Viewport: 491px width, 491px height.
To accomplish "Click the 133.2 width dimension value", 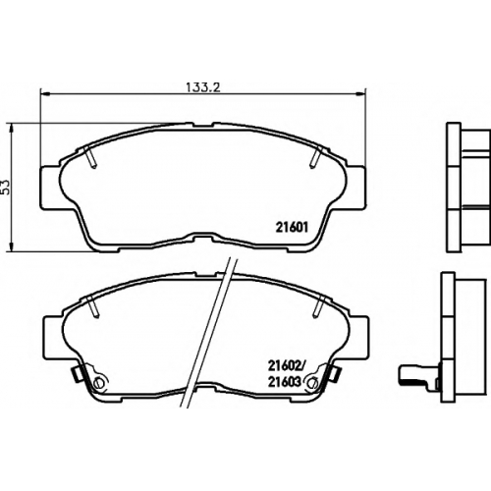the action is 203,87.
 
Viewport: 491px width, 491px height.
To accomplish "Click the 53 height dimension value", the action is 6,188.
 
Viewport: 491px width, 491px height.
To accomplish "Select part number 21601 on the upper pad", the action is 292,227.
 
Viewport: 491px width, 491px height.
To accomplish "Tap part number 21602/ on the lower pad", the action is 286,366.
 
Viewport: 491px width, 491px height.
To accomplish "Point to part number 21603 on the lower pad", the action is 284,382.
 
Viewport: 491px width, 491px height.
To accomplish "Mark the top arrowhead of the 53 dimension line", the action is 12,129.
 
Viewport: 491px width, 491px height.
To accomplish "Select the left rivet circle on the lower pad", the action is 98,382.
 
